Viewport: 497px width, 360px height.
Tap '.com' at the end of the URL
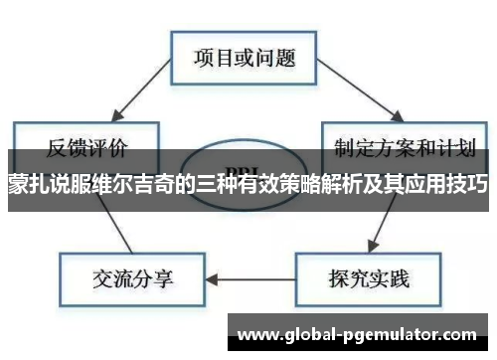point(461,331)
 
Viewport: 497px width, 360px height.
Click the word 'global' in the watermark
point(317,331)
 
